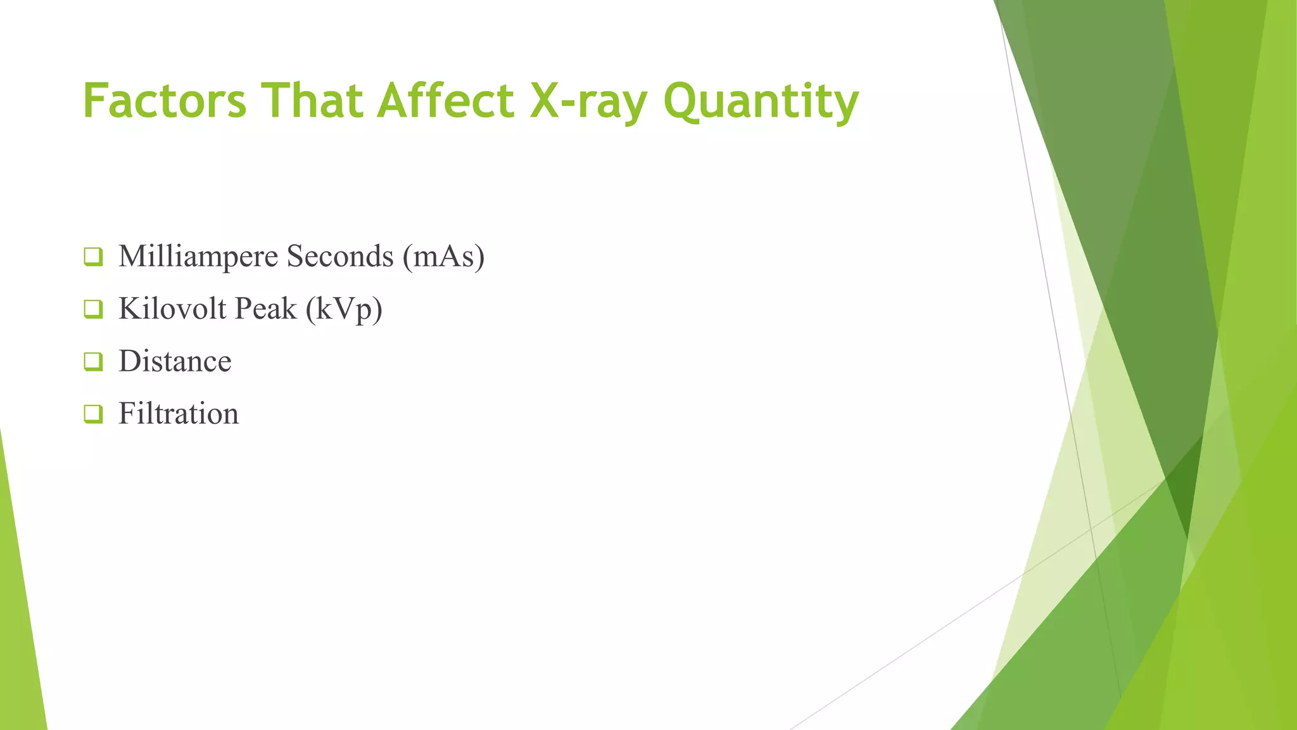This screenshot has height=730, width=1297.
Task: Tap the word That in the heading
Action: [x=312, y=101]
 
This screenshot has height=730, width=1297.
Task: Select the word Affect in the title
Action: [x=446, y=101]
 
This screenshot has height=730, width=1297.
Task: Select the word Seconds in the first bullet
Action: [x=340, y=257]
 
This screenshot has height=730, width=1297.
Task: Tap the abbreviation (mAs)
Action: [x=444, y=257]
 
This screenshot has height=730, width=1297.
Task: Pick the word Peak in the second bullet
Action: [x=265, y=309]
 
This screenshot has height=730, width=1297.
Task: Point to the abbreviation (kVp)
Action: [x=345, y=310]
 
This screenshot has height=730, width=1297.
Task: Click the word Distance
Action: [x=175, y=361]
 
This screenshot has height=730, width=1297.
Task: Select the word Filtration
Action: [x=179, y=414]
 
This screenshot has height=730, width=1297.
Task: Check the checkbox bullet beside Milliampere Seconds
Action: [x=93, y=257]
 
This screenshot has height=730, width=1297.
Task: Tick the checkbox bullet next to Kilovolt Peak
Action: [x=93, y=309]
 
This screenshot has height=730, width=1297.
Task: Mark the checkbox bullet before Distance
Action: [x=93, y=362]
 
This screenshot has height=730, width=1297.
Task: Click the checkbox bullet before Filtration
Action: [x=93, y=414]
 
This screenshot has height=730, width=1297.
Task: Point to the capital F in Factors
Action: [x=94, y=101]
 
